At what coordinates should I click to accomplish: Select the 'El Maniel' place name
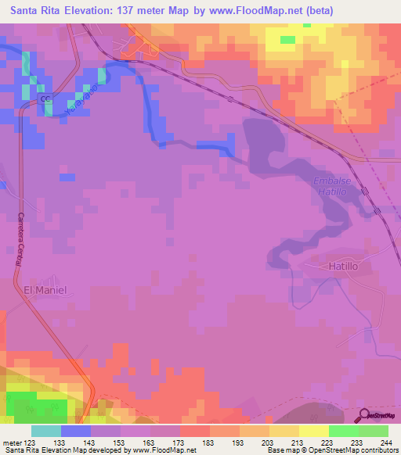tap(45, 290)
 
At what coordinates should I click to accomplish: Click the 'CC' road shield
tap(45, 99)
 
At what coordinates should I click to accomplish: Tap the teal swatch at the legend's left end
tap(46, 431)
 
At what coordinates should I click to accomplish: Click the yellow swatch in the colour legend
tap(314, 431)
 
